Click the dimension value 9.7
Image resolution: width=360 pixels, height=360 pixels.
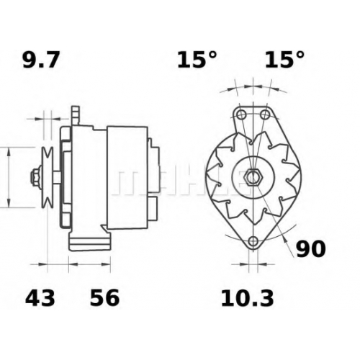[40, 60]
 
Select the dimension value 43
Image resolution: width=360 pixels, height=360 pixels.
[40, 298]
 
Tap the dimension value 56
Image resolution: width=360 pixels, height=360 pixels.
[104, 298]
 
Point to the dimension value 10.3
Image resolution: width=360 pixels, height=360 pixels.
[247, 298]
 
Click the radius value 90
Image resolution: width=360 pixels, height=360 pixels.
[311, 249]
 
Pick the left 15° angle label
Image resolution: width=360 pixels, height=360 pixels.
[197, 59]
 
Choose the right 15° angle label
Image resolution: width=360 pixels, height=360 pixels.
[284, 59]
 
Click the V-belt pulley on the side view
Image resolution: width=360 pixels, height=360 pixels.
[48, 178]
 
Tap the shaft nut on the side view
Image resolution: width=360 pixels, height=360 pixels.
[35, 178]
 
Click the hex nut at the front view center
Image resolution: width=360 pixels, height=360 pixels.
[253, 177]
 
